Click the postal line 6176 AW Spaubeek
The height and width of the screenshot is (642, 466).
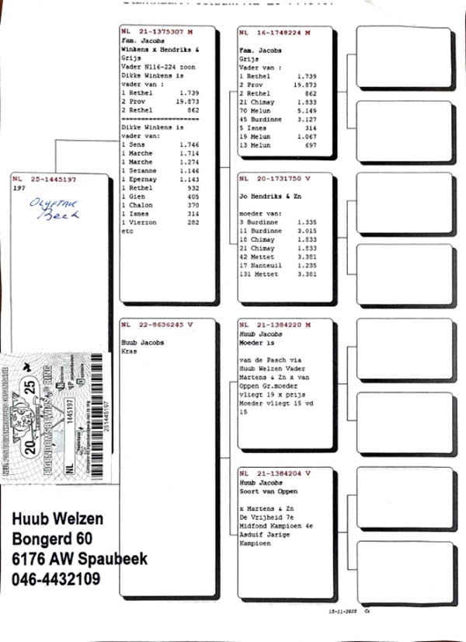tap(80, 559)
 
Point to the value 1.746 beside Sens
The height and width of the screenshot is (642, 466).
tap(190, 145)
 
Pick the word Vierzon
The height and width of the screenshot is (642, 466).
tap(143, 222)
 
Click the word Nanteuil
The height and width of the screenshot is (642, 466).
tap(269, 266)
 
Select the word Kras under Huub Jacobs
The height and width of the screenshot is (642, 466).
tap(130, 351)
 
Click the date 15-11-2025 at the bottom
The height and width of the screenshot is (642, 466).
tap(344, 613)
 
